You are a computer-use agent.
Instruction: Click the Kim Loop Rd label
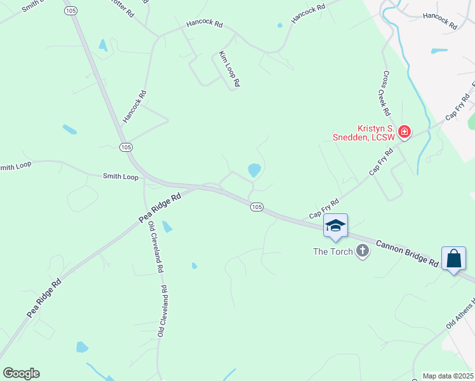click(229, 69)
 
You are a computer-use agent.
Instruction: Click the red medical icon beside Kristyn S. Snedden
click(404, 133)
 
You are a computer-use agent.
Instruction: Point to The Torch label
click(332, 251)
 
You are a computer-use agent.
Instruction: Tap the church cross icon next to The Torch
click(362, 251)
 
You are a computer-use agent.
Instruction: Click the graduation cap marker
click(335, 226)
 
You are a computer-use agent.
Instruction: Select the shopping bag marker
click(453, 258)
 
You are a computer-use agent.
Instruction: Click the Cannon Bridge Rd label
click(407, 253)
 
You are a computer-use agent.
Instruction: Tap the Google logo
click(21, 373)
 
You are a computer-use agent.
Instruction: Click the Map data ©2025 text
click(448, 376)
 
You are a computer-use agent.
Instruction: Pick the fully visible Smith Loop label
click(121, 177)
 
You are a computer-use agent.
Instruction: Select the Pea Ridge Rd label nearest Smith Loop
click(160, 208)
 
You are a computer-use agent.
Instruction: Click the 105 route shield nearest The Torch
click(257, 208)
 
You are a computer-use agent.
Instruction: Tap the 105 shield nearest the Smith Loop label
click(126, 147)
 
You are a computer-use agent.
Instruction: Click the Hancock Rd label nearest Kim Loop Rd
click(204, 24)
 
